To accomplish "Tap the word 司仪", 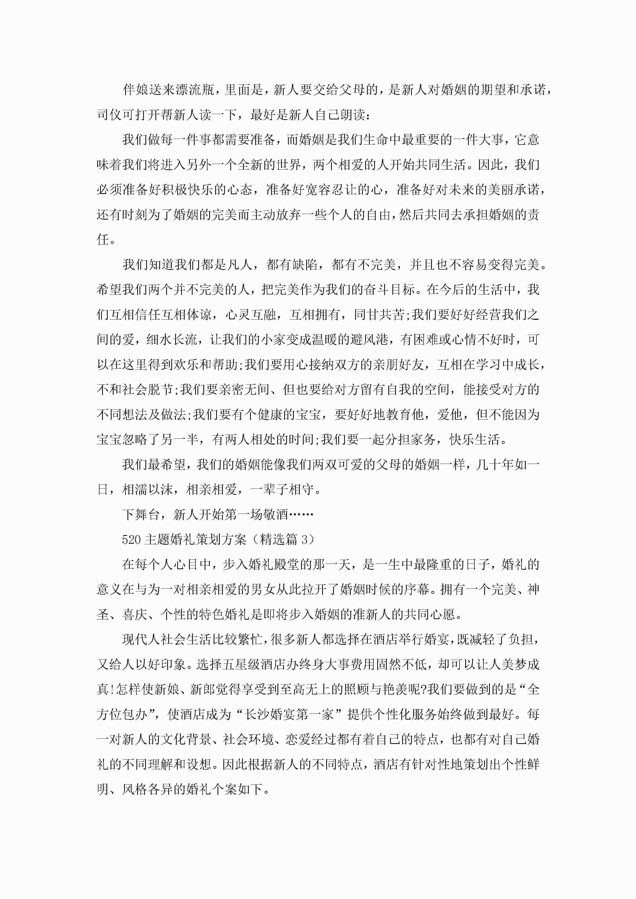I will pyautogui.click(x=109, y=115).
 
